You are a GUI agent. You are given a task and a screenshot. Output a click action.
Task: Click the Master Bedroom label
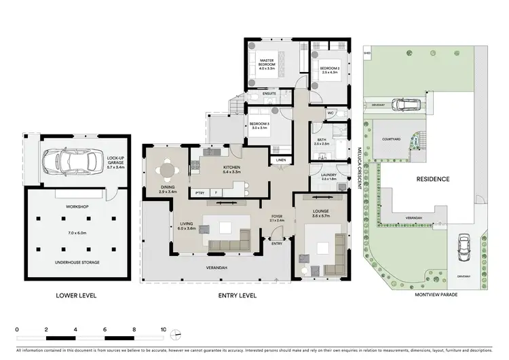tap(267, 65)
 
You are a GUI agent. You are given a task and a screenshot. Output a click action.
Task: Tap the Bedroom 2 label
tap(329, 68)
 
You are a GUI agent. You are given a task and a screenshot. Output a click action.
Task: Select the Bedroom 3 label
tap(260, 125)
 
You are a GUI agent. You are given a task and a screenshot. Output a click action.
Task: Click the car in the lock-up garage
tap(67, 162)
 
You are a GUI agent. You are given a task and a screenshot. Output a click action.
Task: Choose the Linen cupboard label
tap(280, 160)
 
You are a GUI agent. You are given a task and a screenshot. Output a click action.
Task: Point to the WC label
tap(331, 113)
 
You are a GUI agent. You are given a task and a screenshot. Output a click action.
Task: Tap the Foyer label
tap(276, 218)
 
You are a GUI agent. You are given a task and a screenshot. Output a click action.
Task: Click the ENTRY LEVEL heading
tap(238, 295)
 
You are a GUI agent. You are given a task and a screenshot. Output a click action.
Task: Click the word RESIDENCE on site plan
tap(432, 179)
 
